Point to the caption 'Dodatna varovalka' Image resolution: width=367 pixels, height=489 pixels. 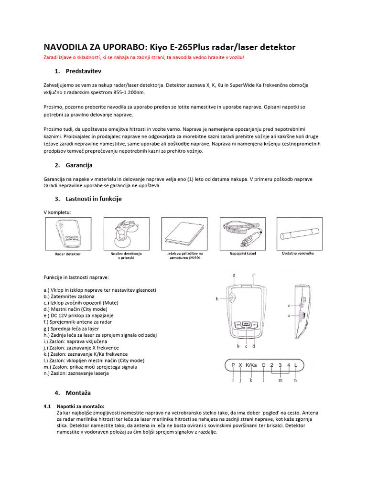(298, 253)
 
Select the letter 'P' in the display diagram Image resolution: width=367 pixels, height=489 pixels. (233, 365)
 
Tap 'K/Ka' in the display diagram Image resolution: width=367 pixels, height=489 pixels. (251, 365)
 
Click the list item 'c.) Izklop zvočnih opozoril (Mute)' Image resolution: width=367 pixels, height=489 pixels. (81, 303)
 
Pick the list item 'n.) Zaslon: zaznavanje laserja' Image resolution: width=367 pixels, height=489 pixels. (76, 373)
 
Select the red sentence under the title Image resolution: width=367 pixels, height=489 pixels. (144, 57)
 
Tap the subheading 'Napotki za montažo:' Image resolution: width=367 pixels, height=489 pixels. (80, 405)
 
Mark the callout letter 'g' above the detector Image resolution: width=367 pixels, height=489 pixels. (234, 276)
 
